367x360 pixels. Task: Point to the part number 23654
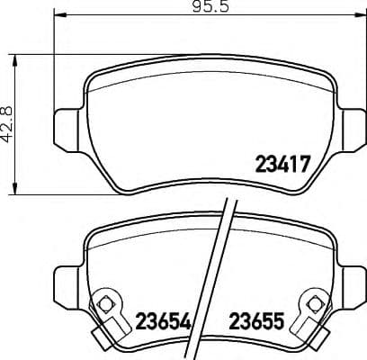click(x=162, y=321)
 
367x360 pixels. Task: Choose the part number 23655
click(x=258, y=321)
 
